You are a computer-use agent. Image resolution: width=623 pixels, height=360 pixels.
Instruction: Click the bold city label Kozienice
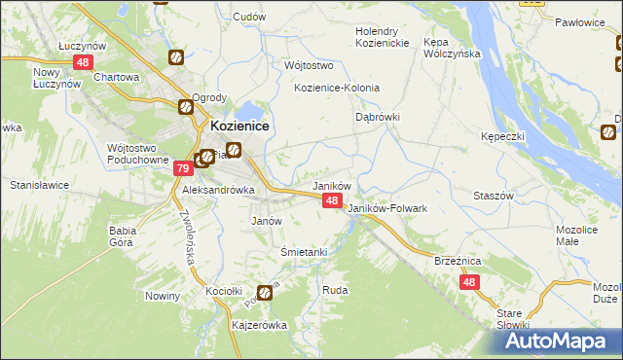[x=239, y=126]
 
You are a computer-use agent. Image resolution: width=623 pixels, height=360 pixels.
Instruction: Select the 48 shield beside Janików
[x=332, y=200]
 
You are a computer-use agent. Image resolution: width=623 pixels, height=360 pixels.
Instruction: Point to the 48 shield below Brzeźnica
[x=470, y=282]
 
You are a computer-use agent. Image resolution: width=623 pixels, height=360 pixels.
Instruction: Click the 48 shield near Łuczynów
[x=82, y=62]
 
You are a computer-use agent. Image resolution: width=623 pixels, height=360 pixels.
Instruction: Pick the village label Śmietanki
[x=303, y=251]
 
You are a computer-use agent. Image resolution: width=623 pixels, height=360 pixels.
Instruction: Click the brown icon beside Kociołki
[x=265, y=292]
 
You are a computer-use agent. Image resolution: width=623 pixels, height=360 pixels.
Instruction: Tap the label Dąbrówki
[x=377, y=117]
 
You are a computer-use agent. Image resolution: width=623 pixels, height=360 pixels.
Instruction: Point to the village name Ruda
[x=335, y=290]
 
